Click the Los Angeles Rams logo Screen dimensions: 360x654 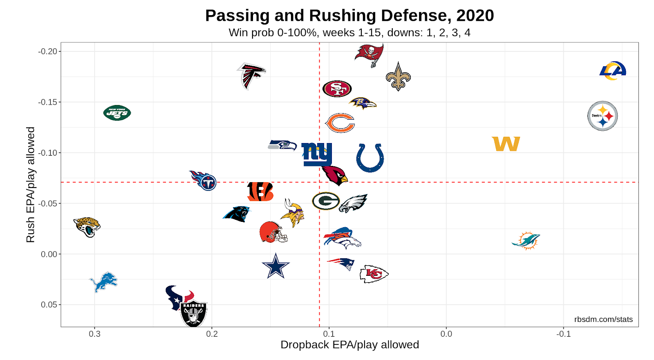pyautogui.click(x=613, y=71)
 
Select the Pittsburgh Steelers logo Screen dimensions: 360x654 pyautogui.click(x=602, y=116)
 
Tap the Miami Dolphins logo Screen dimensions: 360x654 pyautogui.click(x=526, y=240)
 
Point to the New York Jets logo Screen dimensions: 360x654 pyautogui.click(x=117, y=113)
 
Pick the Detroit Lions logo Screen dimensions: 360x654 pyautogui.click(x=103, y=282)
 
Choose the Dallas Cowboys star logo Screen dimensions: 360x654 pyautogui.click(x=275, y=266)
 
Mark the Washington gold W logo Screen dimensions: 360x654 pyautogui.click(x=506, y=144)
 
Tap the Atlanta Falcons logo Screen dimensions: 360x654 pyautogui.click(x=251, y=76)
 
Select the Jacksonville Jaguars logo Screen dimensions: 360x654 pyautogui.click(x=87, y=227)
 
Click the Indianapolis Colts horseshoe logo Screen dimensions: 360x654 pyautogui.click(x=370, y=158)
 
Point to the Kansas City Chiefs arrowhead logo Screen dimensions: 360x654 pyautogui.click(x=374, y=274)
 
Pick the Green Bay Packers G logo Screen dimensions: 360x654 pyautogui.click(x=326, y=201)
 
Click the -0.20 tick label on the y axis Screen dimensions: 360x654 pyautogui.click(x=48, y=51)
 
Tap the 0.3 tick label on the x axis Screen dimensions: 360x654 pyautogui.click(x=94, y=334)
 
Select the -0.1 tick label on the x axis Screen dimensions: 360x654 pyautogui.click(x=563, y=334)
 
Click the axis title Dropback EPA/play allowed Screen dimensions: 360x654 pyautogui.click(x=349, y=345)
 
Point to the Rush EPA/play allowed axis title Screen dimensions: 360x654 pyautogui.click(x=31, y=184)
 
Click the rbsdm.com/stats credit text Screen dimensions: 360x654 pyautogui.click(x=603, y=320)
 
